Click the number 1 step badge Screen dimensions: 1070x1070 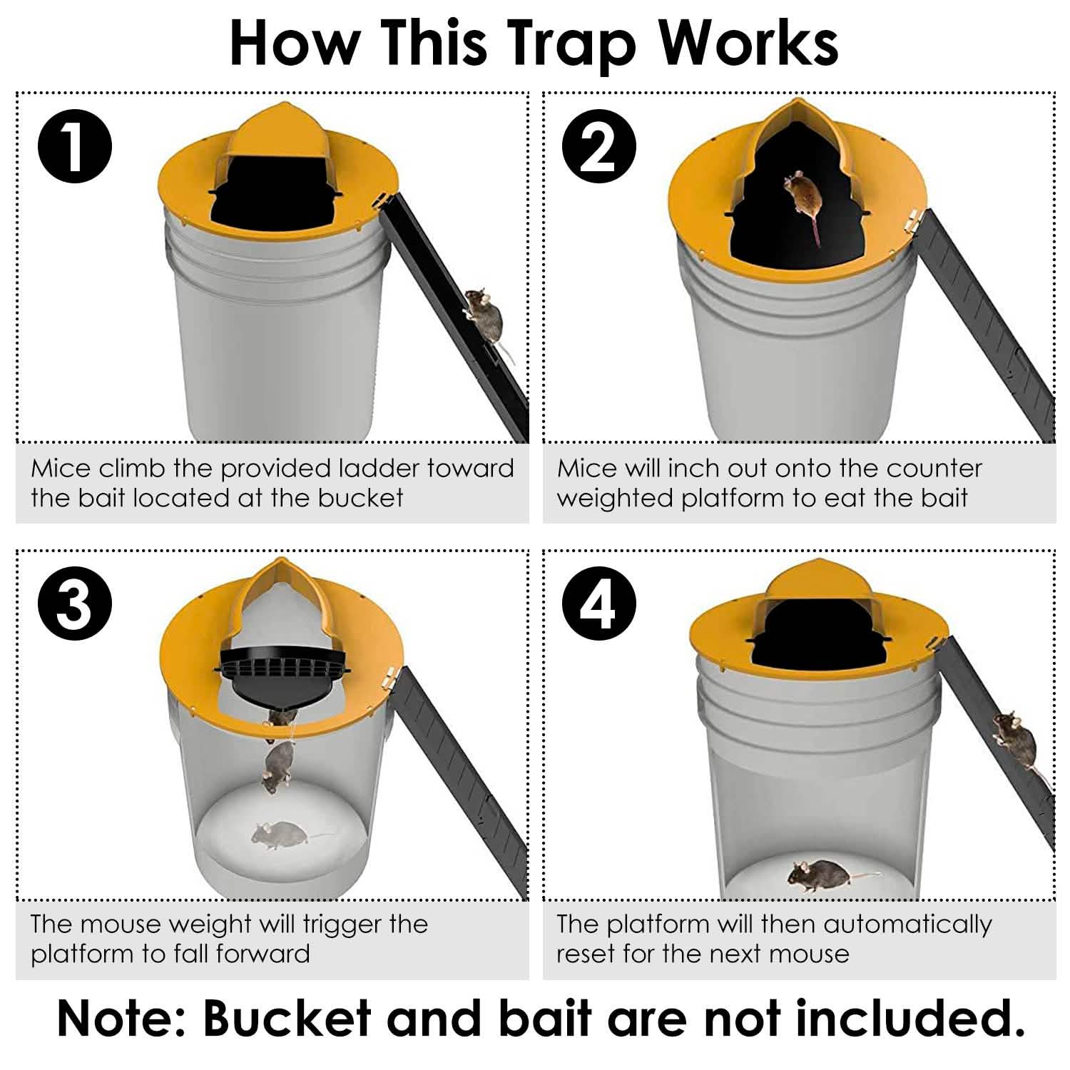point(74,147)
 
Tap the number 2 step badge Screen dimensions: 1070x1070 point(598,147)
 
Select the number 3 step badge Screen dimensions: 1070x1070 point(74,603)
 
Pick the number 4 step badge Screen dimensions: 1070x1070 point(598,603)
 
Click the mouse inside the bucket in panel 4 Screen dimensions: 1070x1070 point(820,872)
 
